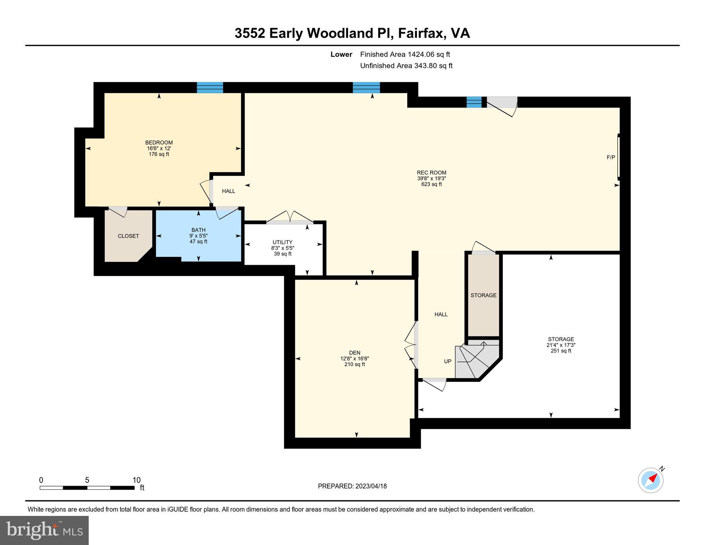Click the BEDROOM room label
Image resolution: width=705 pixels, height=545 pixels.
pos(159,143)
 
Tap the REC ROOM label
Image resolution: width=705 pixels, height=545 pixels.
pos(431,173)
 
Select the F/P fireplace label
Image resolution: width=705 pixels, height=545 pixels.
pos(610,157)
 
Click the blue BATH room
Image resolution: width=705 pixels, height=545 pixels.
pos(198,245)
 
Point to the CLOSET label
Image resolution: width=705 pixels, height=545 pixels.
pos(128,236)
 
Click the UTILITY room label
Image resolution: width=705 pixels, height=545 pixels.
pos(282,242)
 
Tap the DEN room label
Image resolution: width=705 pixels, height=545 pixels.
pos(354,353)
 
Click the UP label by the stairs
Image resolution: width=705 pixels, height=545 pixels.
pos(447,361)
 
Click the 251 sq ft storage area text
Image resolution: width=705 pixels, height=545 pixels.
pos(561,351)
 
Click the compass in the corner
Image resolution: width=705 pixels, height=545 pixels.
pos(650,480)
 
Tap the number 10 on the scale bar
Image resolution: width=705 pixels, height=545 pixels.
pos(136,480)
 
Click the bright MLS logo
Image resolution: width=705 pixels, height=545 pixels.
pos(44,530)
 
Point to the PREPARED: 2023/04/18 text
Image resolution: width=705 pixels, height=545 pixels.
pos(352,486)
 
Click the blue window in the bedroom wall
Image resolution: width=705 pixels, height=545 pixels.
pos(210,87)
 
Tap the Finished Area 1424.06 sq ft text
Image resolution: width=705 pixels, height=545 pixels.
pos(404,54)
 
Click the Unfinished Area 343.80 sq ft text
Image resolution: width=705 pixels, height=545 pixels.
pos(406,66)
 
